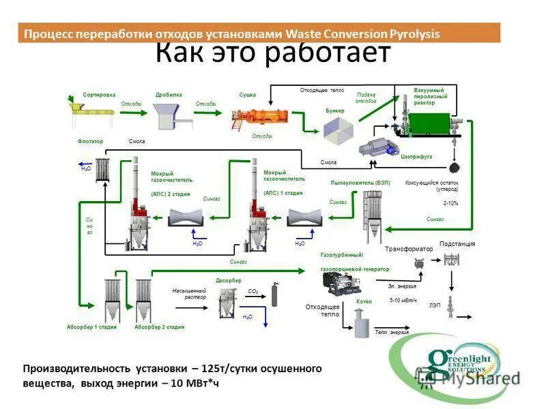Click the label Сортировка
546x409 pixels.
99,95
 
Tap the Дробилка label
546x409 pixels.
169,95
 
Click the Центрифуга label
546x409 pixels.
416,156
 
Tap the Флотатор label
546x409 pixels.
90,141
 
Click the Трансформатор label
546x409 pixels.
409,249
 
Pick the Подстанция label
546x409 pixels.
457,243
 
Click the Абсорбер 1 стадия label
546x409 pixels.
92,327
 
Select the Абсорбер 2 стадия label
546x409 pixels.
160,327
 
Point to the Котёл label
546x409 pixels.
364,301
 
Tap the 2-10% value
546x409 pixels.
451,202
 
